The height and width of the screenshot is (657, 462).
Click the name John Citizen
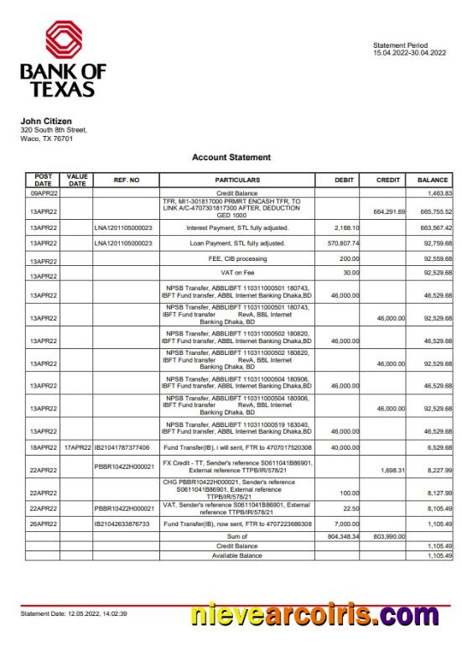46,121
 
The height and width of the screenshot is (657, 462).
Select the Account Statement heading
231,157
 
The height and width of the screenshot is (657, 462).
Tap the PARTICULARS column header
237,180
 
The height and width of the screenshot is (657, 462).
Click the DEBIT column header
344,180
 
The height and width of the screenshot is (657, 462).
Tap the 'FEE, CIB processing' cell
237,260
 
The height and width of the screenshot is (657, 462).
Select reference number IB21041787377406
122,448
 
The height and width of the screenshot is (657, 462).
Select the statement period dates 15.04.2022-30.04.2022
409,53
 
